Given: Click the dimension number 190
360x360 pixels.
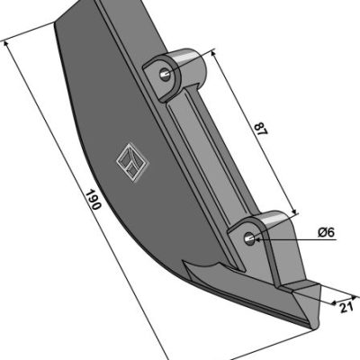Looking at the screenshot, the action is (94, 200).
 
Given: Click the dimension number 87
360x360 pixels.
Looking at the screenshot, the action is (260, 129).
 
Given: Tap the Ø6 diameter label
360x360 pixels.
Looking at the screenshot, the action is (326, 232).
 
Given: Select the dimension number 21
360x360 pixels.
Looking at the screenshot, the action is (346, 307).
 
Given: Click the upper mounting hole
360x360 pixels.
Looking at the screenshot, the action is (165, 73).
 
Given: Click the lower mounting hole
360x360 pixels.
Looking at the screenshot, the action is (249, 238).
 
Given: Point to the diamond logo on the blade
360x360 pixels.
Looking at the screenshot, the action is (132, 162).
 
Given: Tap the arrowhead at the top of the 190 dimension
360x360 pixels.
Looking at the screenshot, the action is (5, 44).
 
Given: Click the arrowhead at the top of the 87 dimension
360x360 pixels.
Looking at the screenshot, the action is (213, 53).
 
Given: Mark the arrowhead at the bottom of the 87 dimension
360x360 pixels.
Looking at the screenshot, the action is (294, 211).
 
